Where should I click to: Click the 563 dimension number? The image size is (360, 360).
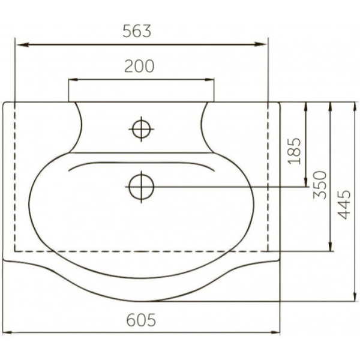coord(137,31)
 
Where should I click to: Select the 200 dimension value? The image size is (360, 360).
coord(139,66)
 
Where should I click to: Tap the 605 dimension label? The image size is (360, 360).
coord(141,320)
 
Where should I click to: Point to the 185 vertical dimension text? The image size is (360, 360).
coord(294,151)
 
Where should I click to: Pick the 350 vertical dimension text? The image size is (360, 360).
coord(320,185)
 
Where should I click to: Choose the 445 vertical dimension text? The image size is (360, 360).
coord(344,205)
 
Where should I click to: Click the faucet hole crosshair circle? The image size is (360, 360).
coord(141,129)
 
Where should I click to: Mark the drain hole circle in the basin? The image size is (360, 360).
coord(141,187)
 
